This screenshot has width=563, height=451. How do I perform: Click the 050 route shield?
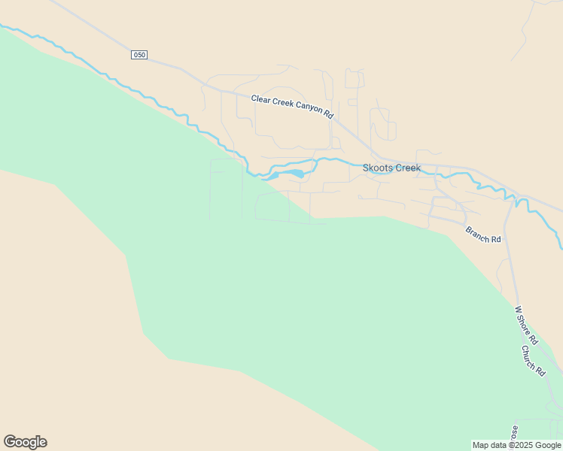pos(139,55)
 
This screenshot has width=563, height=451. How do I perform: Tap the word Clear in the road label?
pos(260,98)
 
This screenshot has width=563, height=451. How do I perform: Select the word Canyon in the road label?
pos(309,107)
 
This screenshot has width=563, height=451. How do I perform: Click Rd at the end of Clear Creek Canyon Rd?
pos(329,114)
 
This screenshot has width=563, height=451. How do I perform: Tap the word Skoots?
pos(377,168)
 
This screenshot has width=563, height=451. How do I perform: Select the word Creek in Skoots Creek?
pos(407,168)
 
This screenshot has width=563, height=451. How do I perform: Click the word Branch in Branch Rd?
pos(477,233)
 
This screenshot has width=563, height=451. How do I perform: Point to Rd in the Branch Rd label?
pos(495,239)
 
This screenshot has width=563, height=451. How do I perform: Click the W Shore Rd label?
pos(526,325)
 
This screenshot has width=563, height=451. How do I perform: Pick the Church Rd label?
pos(534,360)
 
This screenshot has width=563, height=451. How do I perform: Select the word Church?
pos(531,356)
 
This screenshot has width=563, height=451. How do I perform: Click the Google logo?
pos(25,442)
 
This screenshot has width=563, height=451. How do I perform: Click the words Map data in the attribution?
pos(490,446)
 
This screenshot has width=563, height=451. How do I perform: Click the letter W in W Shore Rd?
pos(518,309)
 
